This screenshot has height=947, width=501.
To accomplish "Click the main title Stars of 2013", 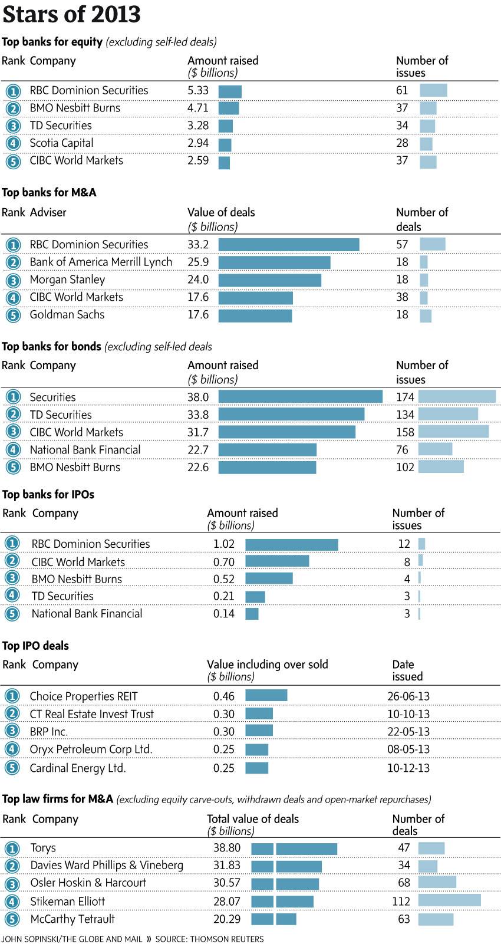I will pyautogui.click(x=71, y=14).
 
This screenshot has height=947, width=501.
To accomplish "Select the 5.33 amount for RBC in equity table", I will pyautogui.click(x=198, y=90).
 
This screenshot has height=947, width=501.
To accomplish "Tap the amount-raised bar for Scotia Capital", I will pyautogui.click(x=225, y=144).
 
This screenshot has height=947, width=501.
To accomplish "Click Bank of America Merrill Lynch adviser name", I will pyautogui.click(x=101, y=262).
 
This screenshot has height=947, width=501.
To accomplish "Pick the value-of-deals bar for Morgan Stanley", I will pyautogui.click(x=269, y=280).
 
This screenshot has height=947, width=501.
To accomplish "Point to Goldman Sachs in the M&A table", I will pyautogui.click(x=67, y=315).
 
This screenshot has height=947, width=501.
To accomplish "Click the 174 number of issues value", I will pyautogui.click(x=405, y=397).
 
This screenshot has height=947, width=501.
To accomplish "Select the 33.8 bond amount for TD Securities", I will pyautogui.click(x=198, y=415).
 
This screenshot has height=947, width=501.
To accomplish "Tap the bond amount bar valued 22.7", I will pyautogui.click(x=267, y=450).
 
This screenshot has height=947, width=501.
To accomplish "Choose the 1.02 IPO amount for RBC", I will pyautogui.click(x=224, y=544).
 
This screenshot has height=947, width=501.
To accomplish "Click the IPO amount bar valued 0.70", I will pyautogui.click(x=277, y=561).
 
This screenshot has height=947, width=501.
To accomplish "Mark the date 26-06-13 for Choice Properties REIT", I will pyautogui.click(x=408, y=696).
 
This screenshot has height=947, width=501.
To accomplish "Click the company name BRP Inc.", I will pyautogui.click(x=49, y=732).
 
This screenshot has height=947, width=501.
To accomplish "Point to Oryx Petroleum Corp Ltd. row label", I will pyautogui.click(x=91, y=749).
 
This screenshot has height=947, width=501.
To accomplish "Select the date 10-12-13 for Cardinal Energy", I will pyautogui.click(x=408, y=768).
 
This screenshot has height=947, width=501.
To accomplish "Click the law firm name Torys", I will pyautogui.click(x=43, y=848).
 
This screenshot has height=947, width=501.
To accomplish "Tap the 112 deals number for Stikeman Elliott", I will pyautogui.click(x=401, y=902).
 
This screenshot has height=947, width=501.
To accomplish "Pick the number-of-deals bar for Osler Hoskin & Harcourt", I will pyautogui.click(x=437, y=882).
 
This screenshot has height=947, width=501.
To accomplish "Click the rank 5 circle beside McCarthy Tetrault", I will pyautogui.click(x=12, y=919).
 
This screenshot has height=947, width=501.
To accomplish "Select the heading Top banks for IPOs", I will pyautogui.click(x=48, y=495).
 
